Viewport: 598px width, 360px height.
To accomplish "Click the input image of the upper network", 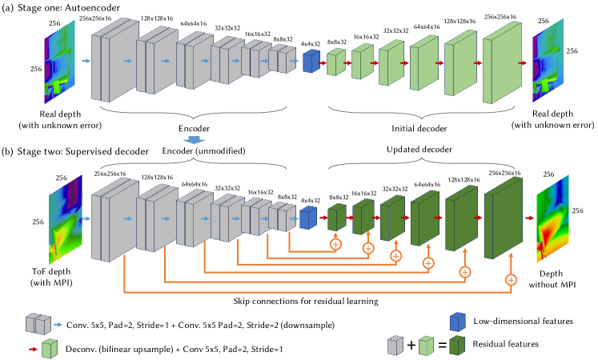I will [x=59, y=62].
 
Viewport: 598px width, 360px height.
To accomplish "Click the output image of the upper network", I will [x=548, y=62].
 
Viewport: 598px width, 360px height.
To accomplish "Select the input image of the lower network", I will [x=65, y=219].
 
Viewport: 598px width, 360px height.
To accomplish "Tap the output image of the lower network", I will [x=552, y=218].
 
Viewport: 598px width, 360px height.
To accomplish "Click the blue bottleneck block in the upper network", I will [x=311, y=62].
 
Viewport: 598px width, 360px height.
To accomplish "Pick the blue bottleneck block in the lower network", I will [x=308, y=218].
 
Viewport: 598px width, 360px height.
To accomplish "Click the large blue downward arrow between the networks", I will [x=194, y=140].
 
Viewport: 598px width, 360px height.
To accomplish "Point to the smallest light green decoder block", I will [x=335, y=62].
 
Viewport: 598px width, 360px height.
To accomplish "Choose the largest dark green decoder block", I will [x=503, y=218].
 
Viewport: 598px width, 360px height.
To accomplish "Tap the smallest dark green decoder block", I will [x=336, y=217].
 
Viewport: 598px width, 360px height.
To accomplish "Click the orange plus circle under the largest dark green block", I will [x=511, y=279].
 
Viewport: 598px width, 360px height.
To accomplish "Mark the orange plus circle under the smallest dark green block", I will [x=335, y=244].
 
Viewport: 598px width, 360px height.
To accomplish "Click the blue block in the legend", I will [x=457, y=322].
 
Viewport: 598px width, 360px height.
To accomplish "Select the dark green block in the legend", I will [x=457, y=345].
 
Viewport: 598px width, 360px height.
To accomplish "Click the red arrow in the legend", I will [x=33, y=349].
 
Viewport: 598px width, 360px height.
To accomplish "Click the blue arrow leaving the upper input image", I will [x=86, y=61].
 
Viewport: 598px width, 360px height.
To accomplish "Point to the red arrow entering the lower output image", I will [x=529, y=218].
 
